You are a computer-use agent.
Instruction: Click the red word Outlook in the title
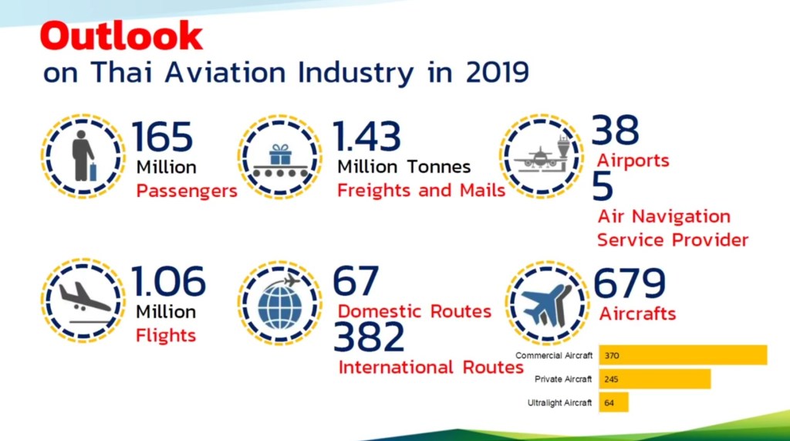[x=121, y=36]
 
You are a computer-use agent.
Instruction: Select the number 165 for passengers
[x=162, y=137]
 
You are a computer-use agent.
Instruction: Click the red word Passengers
[x=187, y=191]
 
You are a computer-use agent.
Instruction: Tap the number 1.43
[x=367, y=137]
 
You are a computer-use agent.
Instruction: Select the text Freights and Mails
[x=421, y=190]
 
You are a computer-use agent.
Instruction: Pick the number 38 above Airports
[x=616, y=131]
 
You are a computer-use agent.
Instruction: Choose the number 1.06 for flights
[x=168, y=282]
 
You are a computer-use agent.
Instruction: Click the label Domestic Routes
[x=415, y=311]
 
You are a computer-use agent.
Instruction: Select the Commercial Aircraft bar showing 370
[x=683, y=355]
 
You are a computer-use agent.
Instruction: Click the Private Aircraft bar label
[x=563, y=379]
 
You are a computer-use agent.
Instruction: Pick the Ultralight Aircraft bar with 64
[x=613, y=402]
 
